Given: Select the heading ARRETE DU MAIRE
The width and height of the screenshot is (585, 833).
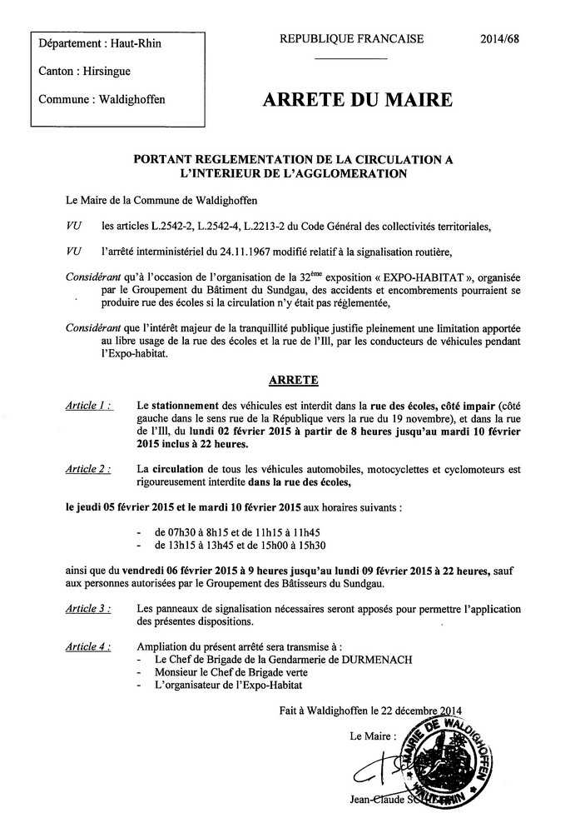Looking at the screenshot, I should point(358,100).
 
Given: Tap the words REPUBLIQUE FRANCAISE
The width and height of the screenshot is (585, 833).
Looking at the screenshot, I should point(352,38).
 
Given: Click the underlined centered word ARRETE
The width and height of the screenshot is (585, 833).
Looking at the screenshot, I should point(293,380).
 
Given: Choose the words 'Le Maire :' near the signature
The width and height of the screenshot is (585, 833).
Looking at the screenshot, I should point(364,736).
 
